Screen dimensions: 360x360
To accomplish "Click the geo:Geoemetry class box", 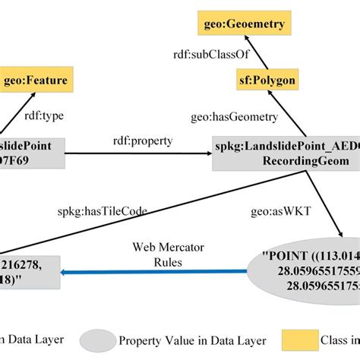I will [244, 24].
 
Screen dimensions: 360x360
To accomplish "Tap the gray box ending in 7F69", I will [30, 153].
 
